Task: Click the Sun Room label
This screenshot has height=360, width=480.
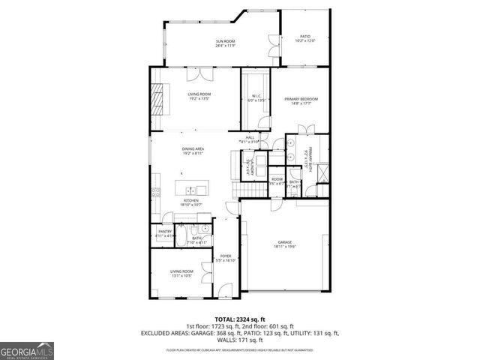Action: pyautogui.click(x=226, y=42)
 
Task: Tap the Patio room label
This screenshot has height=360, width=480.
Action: pyautogui.click(x=305, y=37)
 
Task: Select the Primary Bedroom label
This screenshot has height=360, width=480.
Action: pyautogui.click(x=301, y=100)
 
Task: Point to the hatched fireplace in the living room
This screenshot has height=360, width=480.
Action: pyautogui.click(x=158, y=97)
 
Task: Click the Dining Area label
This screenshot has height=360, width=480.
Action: pyautogui.click(x=193, y=149)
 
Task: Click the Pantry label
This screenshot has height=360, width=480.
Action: pyautogui.click(x=165, y=232)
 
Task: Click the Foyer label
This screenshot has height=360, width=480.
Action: pyautogui.click(x=225, y=256)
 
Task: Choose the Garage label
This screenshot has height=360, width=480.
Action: pyautogui.click(x=284, y=242)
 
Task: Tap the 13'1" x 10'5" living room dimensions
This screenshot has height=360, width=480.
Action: pyautogui.click(x=181, y=276)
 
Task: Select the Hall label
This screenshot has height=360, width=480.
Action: pyautogui.click(x=250, y=137)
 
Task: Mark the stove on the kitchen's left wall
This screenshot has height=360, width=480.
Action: pyautogui.click(x=154, y=190)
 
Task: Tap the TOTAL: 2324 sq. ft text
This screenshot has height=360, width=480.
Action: pyautogui.click(x=239, y=319)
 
